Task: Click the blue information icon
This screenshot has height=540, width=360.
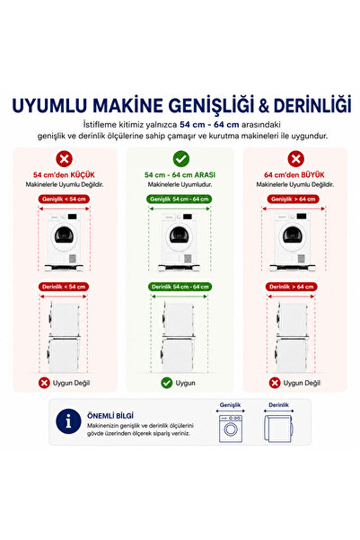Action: click(68, 421)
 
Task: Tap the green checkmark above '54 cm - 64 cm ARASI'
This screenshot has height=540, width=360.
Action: click(181, 159)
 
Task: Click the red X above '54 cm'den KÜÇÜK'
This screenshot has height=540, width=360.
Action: click(65, 159)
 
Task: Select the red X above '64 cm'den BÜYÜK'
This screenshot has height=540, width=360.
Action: click(295, 159)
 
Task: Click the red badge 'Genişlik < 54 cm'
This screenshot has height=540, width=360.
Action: click(64, 199)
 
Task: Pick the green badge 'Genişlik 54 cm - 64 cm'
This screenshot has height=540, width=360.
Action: click(179, 199)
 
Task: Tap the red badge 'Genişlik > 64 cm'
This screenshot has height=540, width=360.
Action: click(294, 199)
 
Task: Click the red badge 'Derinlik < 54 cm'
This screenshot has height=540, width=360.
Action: click(64, 287)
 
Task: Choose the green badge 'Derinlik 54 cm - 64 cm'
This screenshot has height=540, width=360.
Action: click(180, 287)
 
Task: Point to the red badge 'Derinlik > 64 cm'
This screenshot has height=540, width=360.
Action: click(291, 287)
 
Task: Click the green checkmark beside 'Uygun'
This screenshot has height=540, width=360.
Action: click(167, 383)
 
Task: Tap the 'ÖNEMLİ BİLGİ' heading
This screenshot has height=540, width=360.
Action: click(110, 416)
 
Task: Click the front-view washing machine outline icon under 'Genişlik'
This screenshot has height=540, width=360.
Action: click(231, 429)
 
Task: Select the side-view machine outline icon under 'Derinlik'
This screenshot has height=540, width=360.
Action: click(279, 429)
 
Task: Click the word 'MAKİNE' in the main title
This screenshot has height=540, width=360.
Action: click(127, 106)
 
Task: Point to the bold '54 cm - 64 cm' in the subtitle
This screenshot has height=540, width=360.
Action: click(209, 124)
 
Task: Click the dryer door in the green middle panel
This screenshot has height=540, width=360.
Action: click(179, 236)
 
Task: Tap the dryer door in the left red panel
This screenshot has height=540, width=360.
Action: click(64, 236)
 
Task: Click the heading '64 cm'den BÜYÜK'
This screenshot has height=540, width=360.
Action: click(294, 174)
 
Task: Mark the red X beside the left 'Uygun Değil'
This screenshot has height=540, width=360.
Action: click(44, 383)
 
